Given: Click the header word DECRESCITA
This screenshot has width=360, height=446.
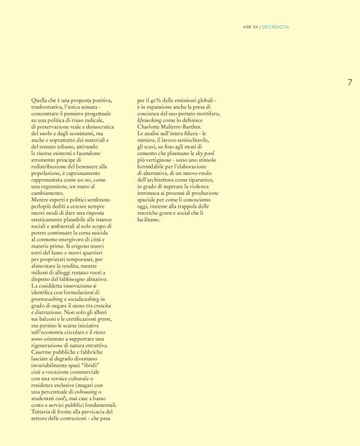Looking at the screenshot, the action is pos(276,27).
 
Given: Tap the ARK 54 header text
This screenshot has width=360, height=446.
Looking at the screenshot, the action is pos(251,27).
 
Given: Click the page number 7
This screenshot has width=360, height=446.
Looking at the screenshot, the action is pos(349,82).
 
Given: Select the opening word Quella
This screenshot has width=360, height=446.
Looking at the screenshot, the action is pos(39,100).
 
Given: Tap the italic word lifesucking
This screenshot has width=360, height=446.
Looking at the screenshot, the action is pos(150,120).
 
